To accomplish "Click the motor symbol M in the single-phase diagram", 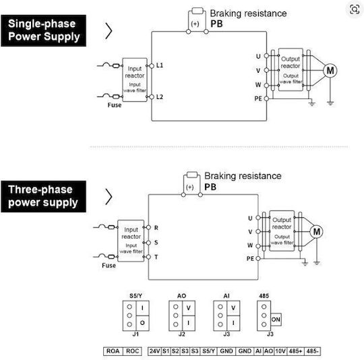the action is click(x=330, y=70).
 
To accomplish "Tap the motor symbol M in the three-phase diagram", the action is click(x=316, y=231).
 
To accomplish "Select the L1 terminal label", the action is click(x=160, y=65).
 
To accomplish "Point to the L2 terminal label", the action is click(x=160, y=97).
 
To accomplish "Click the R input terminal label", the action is click(x=156, y=228).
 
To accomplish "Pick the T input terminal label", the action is click(x=156, y=257).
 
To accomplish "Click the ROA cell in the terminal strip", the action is click(x=113, y=351).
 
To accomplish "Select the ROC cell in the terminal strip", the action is click(x=132, y=351).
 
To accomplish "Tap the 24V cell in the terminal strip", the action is click(x=154, y=351).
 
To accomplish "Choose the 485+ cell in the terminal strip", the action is click(x=295, y=351).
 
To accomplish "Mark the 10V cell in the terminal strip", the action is click(x=280, y=351).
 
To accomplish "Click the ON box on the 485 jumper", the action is click(x=276, y=320).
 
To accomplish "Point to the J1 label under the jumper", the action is click(x=135, y=334).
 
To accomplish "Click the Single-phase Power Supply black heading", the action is click(x=43, y=30).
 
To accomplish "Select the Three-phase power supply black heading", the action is click(x=43, y=197).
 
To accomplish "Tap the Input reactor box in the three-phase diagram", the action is click(x=131, y=241).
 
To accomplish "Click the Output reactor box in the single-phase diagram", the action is click(x=291, y=69).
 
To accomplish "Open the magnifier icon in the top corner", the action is click(x=355, y=9).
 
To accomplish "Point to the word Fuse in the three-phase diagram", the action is click(x=109, y=266).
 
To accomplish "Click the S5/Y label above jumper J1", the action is click(x=135, y=296).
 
